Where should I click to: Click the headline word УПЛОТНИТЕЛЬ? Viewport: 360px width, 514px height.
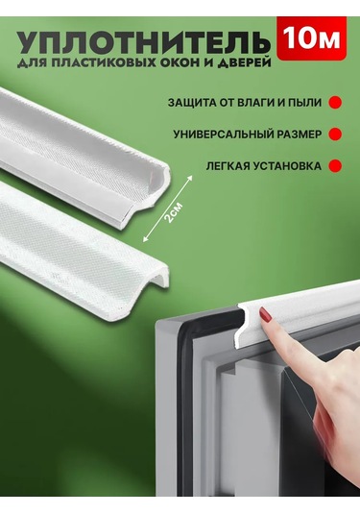pos(144,42)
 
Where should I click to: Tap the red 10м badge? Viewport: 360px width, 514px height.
pos(311,38)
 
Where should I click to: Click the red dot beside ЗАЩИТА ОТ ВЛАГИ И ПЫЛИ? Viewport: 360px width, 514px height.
pos(335,102)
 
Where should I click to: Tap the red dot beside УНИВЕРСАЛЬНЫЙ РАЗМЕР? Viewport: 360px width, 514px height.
pos(335,135)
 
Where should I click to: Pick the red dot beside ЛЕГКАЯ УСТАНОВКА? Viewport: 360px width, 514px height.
pos(335,166)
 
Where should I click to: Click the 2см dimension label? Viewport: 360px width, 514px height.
pos(173,213)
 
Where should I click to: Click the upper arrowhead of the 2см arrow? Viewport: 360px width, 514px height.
pos(191,178)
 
